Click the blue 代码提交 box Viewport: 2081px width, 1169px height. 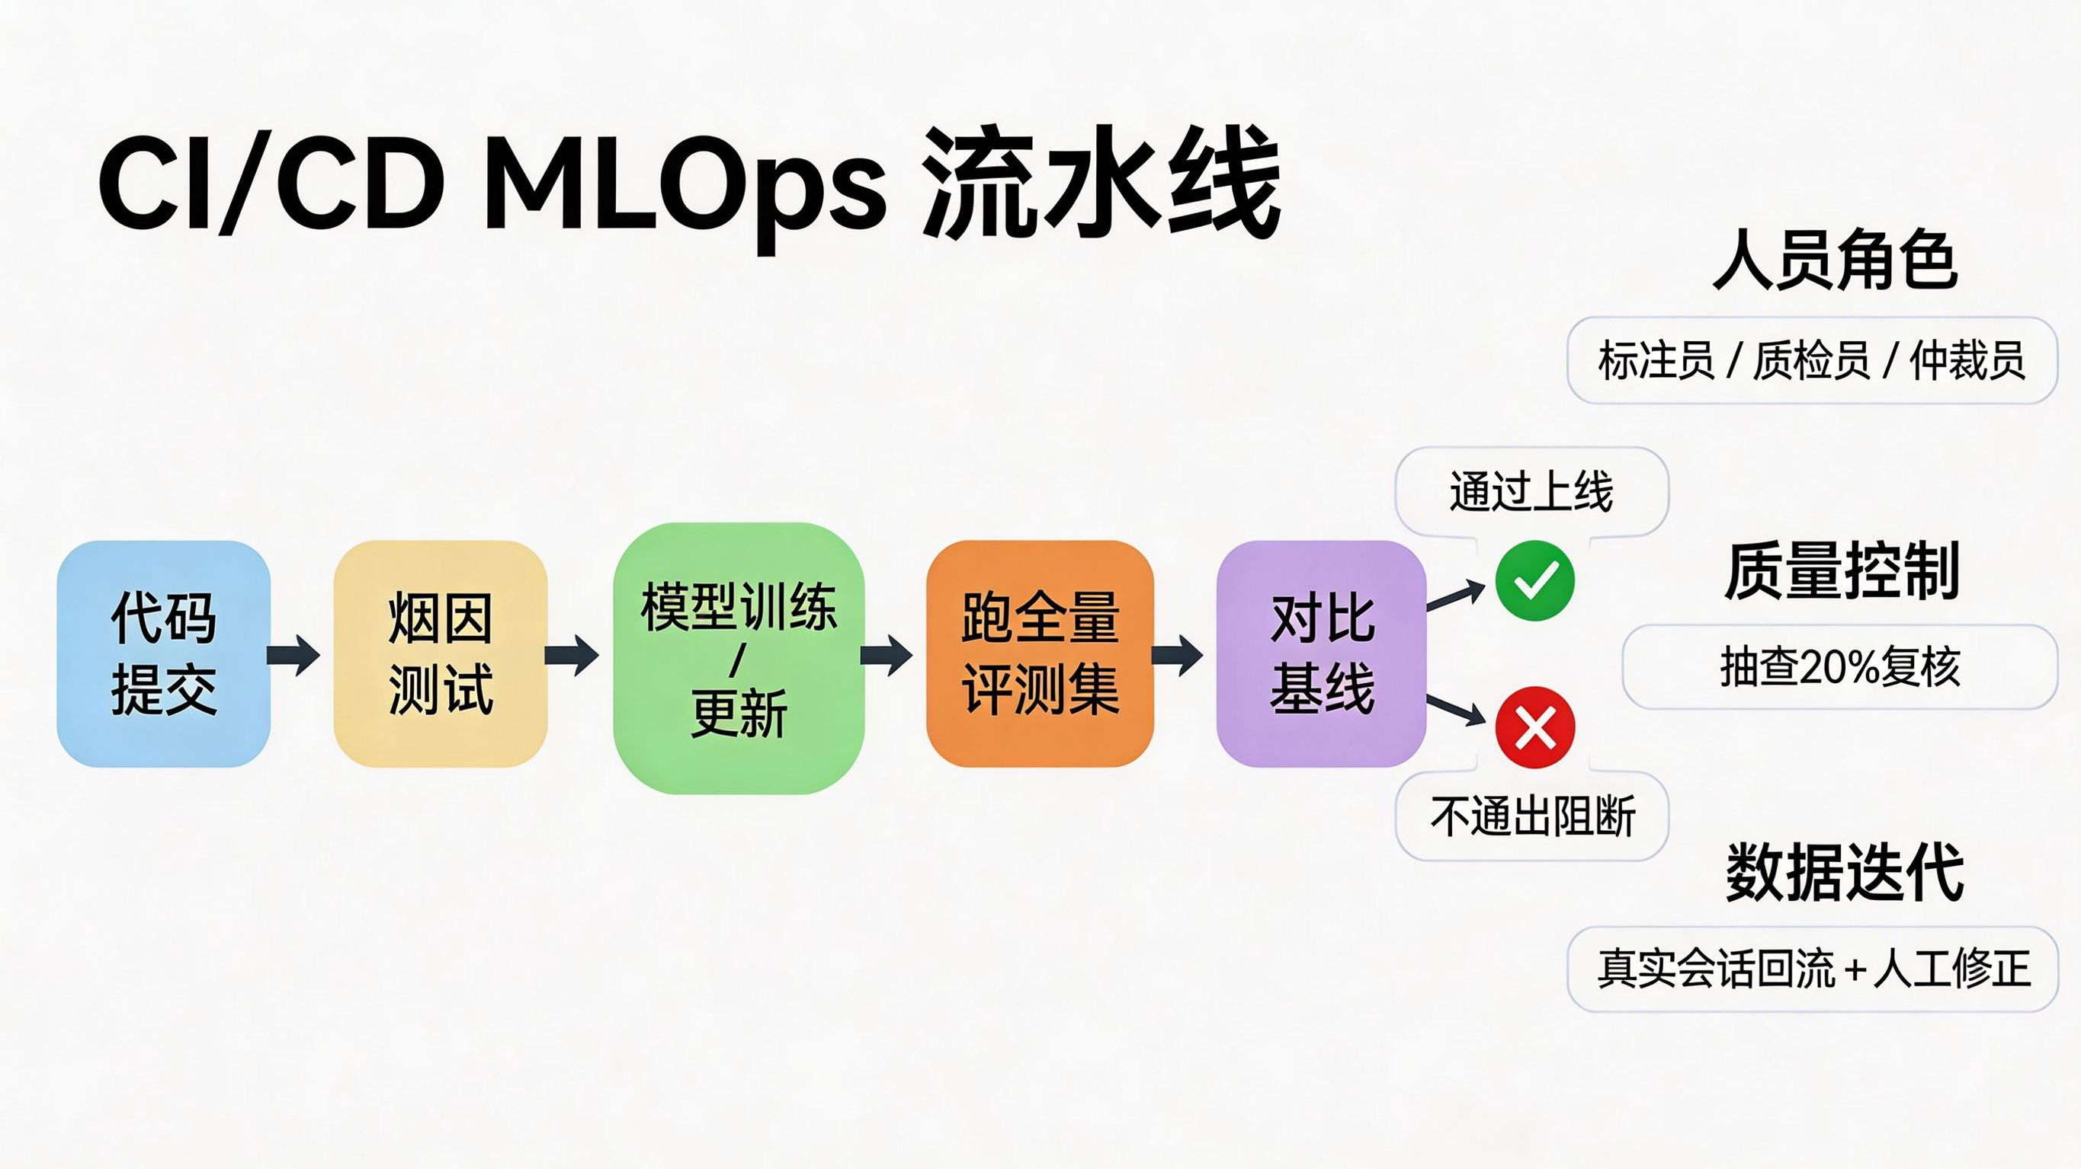pyautogui.click(x=163, y=654)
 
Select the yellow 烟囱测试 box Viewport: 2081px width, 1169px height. pyautogui.click(x=441, y=654)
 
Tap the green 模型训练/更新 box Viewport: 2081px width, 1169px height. pyautogui.click(x=739, y=658)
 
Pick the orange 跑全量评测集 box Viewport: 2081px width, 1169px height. pyautogui.click(x=1040, y=654)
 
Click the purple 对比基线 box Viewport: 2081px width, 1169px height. pyautogui.click(x=1322, y=654)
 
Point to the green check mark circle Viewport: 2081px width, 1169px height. pyautogui.click(x=1535, y=580)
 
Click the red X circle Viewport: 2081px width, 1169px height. pyautogui.click(x=1535, y=727)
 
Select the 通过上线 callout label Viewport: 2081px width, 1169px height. pyautogui.click(x=1531, y=491)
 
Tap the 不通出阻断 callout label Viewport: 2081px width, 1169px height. pyautogui.click(x=1531, y=816)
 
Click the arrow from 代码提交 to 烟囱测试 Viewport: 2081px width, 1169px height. pyautogui.click(x=294, y=654)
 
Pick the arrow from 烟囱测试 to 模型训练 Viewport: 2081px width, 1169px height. pyautogui.click(x=572, y=654)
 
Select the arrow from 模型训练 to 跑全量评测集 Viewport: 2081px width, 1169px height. pyautogui.click(x=887, y=654)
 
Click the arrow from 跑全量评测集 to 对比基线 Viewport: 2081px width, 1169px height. pyautogui.click(x=1177, y=654)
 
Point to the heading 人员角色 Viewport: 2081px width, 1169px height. pyautogui.click(x=1836, y=260)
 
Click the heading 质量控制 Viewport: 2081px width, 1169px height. pyautogui.click(x=1842, y=570)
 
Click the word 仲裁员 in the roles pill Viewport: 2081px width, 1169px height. pyautogui.click(x=1968, y=360)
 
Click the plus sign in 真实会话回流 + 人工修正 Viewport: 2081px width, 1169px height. pyautogui.click(x=1855, y=969)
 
